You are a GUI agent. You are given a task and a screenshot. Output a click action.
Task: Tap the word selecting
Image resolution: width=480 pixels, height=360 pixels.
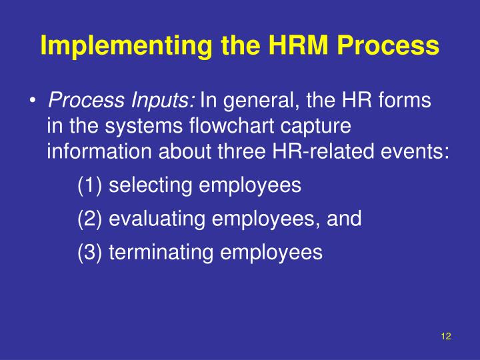tap(149, 185)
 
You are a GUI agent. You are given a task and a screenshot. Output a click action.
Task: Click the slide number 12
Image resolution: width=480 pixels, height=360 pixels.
tap(446, 337)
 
